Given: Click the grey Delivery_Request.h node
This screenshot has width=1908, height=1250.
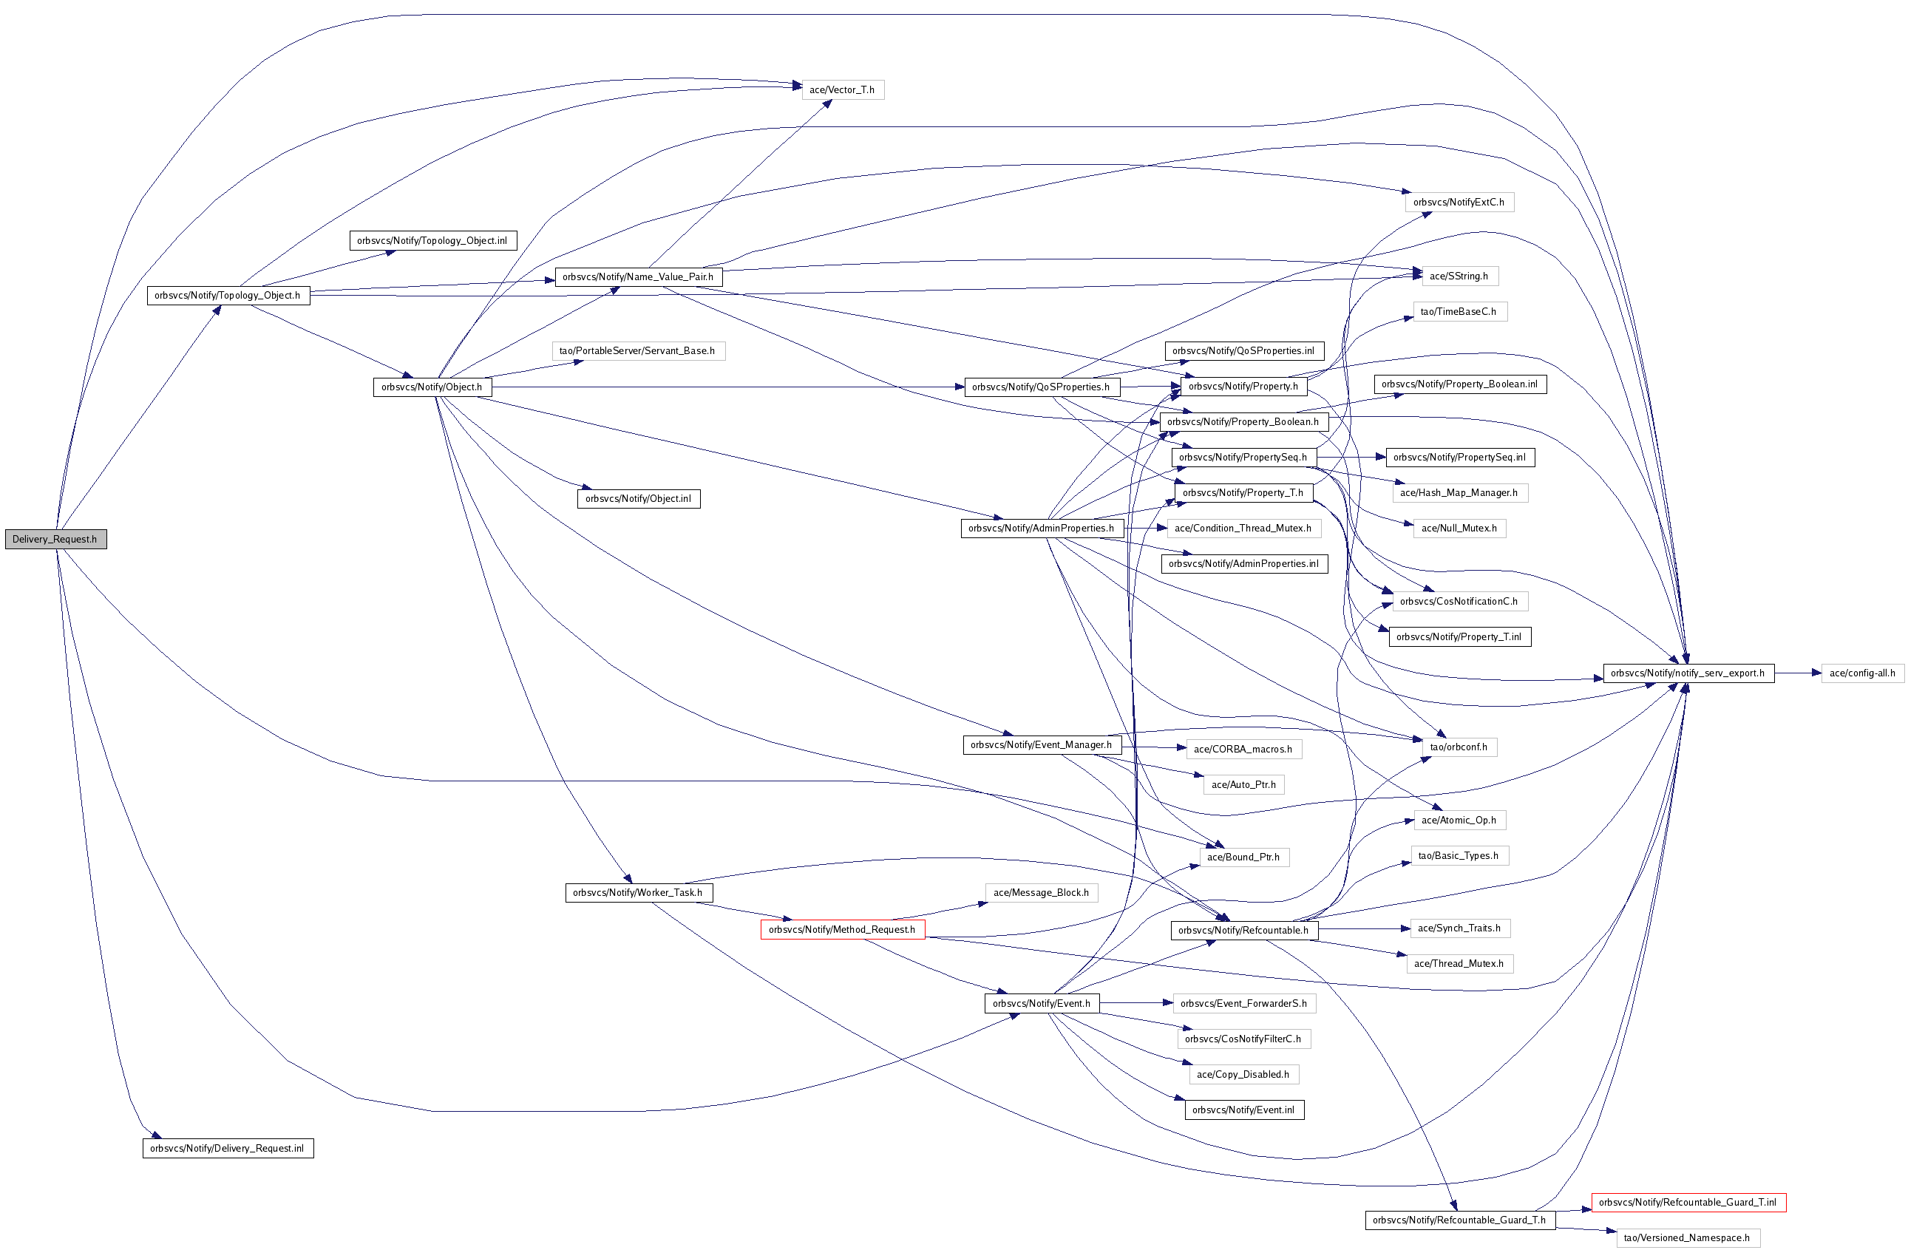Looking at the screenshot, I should [x=55, y=539].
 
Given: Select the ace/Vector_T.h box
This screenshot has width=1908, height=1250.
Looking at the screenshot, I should [x=842, y=89].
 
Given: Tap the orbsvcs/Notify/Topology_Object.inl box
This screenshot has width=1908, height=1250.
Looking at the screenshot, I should [x=432, y=240].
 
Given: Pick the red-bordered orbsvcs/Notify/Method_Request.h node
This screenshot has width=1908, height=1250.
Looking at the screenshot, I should [x=842, y=929].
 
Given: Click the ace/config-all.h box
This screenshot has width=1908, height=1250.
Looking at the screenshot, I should [x=1861, y=673].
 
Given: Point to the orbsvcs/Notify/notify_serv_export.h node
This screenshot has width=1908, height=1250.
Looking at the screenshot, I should [x=1688, y=673].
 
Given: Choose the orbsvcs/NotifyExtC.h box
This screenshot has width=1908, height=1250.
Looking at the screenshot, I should [x=1459, y=202].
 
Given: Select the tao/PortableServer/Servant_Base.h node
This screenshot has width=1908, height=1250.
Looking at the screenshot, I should [x=637, y=350].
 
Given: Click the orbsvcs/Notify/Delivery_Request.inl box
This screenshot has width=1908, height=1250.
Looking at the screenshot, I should [x=227, y=1148].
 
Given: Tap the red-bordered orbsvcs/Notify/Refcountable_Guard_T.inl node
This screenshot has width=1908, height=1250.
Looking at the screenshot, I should [x=1688, y=1202].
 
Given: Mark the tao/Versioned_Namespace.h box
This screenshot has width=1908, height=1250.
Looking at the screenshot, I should [x=1687, y=1237].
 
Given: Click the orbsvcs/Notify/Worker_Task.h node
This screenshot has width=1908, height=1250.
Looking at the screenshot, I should [x=637, y=892].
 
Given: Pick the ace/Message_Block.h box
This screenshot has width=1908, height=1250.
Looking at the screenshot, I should [x=1041, y=892].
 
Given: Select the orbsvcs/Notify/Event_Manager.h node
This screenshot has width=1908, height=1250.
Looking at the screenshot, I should [x=1041, y=745].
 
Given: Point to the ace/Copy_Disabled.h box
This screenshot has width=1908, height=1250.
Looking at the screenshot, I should [x=1243, y=1074].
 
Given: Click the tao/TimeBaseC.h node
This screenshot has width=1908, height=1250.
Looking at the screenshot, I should [x=1459, y=311].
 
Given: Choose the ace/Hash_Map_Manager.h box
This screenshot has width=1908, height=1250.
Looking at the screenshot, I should [x=1459, y=492].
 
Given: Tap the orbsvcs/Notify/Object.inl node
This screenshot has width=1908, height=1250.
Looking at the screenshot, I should [x=638, y=499].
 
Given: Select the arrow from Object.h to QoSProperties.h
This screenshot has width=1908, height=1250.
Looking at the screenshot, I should [x=722, y=387].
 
